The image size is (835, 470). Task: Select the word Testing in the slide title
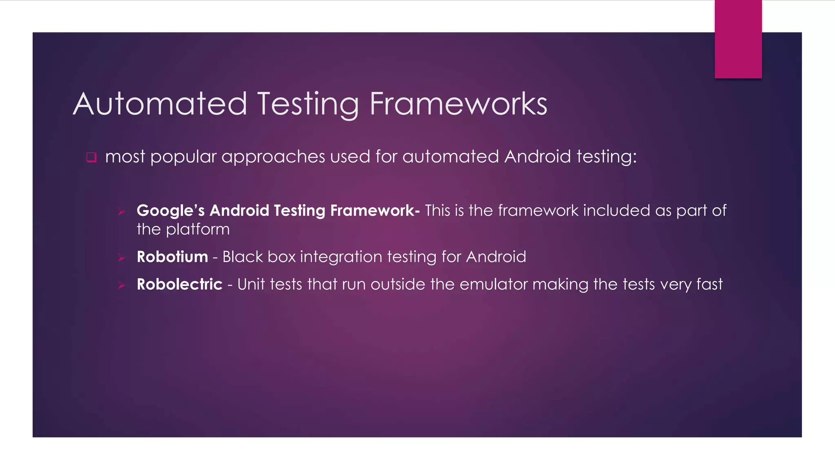pyautogui.click(x=308, y=104)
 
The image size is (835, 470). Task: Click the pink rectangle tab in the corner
pyautogui.click(x=738, y=39)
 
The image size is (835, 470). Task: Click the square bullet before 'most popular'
pyautogui.click(x=91, y=157)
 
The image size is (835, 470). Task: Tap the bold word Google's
pyautogui.click(x=170, y=211)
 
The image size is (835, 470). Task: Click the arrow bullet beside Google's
pyautogui.click(x=121, y=211)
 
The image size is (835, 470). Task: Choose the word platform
pyautogui.click(x=198, y=230)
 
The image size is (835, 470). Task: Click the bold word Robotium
pyautogui.click(x=172, y=257)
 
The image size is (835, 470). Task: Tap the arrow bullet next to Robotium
pyautogui.click(x=121, y=257)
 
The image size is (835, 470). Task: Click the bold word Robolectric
pyautogui.click(x=179, y=284)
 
